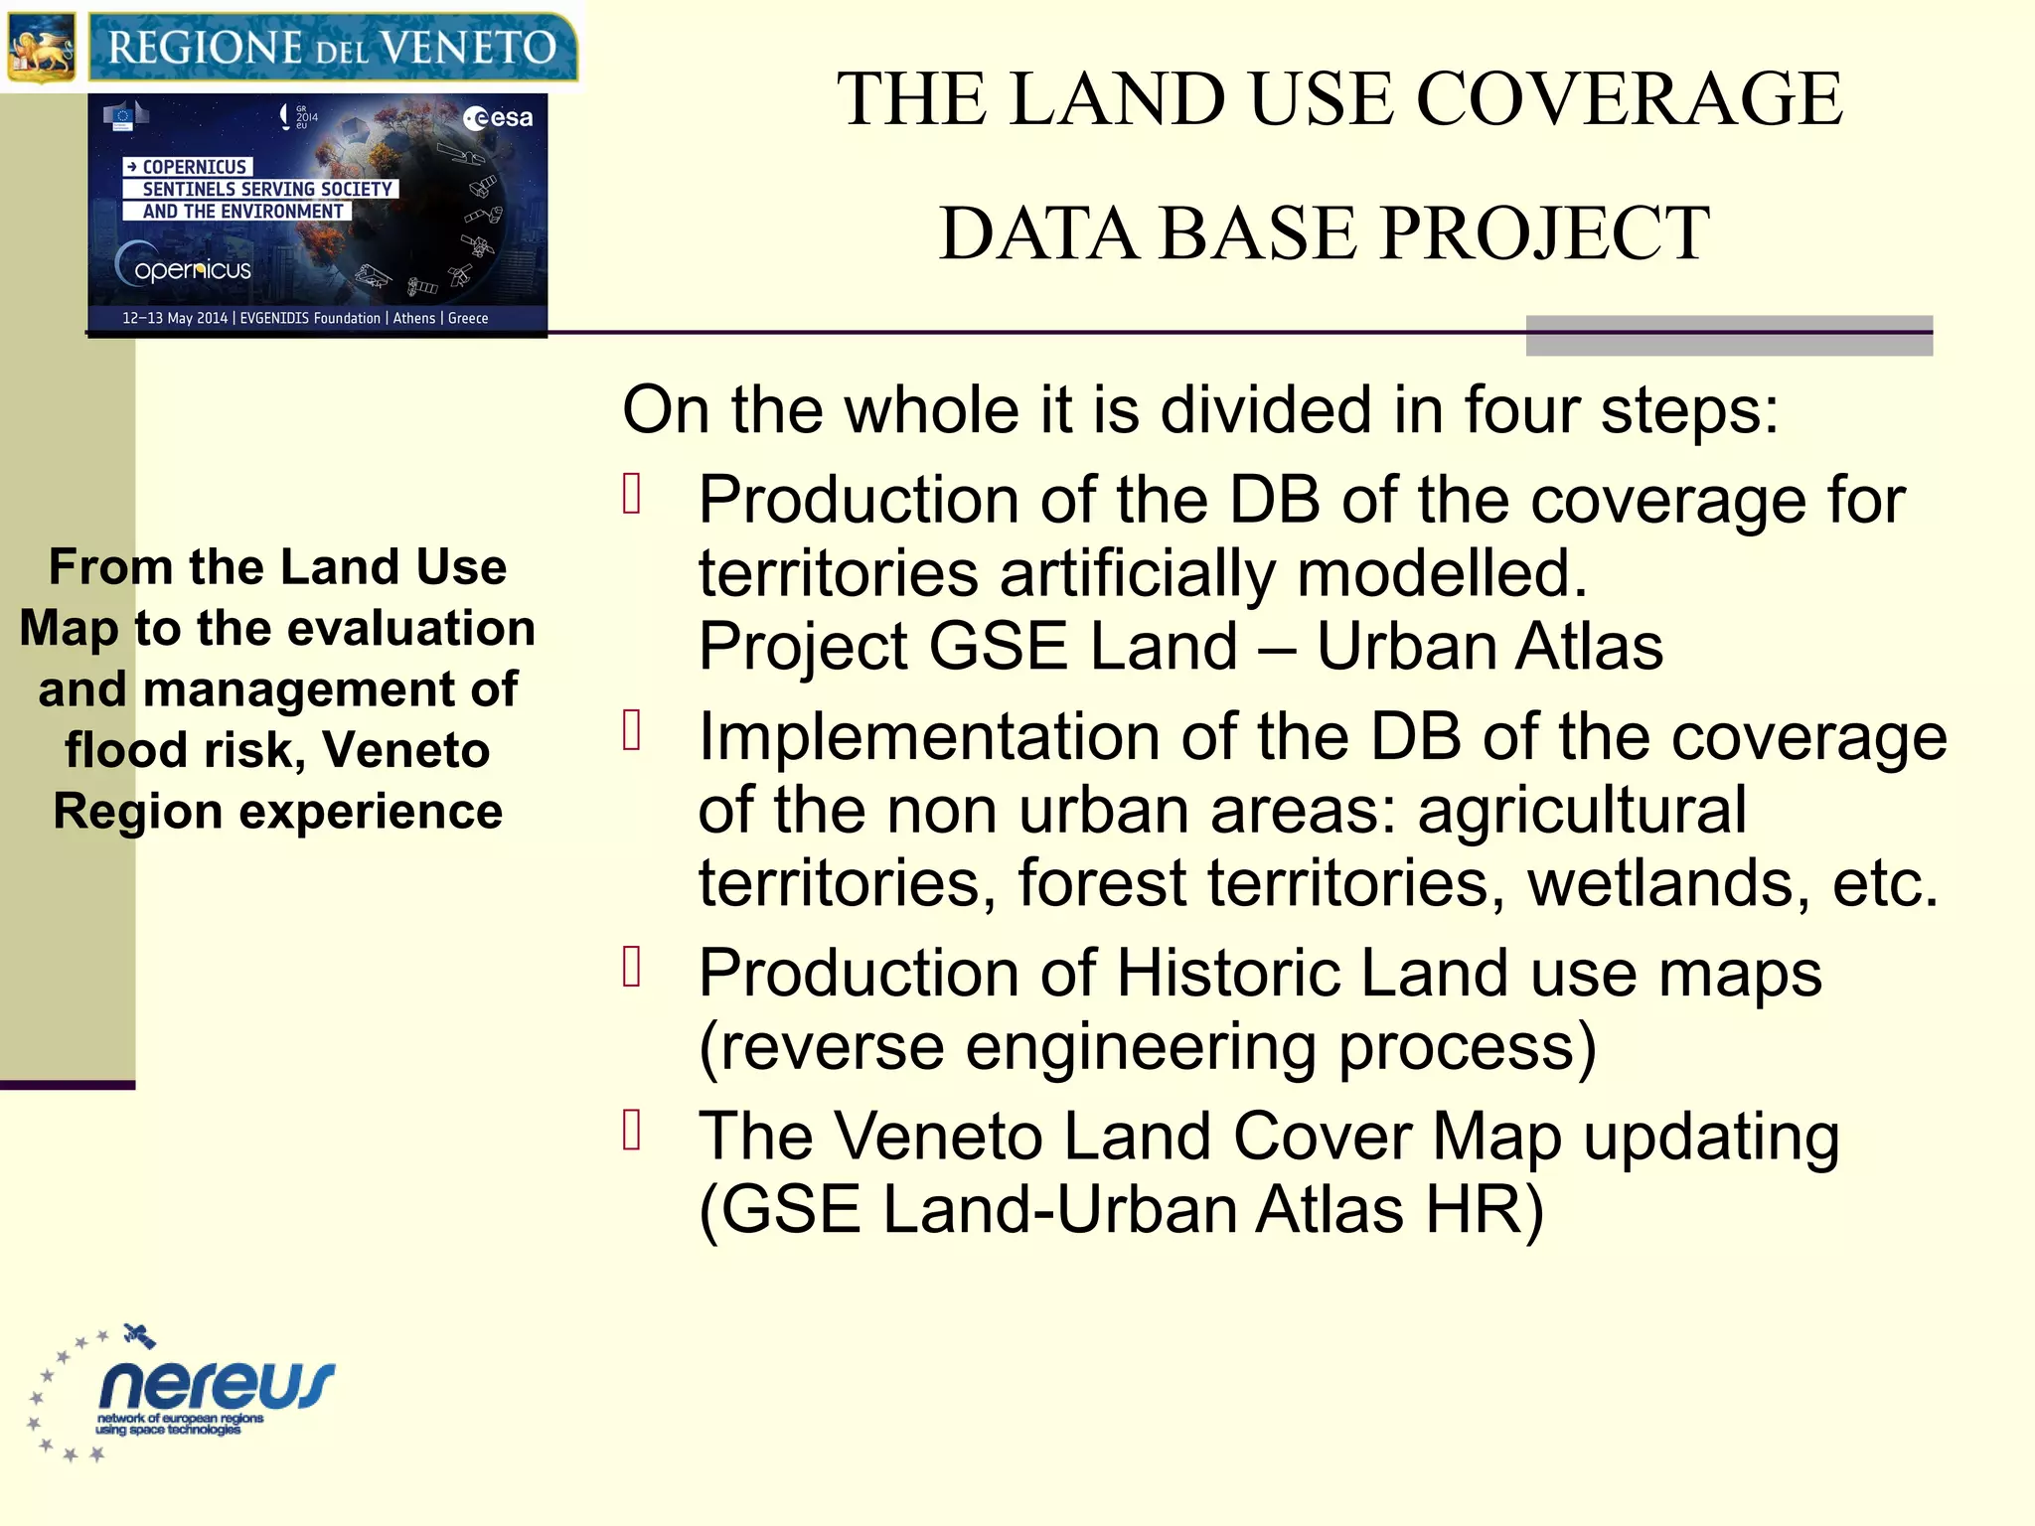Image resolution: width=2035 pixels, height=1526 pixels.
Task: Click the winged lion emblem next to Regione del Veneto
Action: (x=41, y=46)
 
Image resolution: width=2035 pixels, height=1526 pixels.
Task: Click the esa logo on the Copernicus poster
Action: (x=498, y=118)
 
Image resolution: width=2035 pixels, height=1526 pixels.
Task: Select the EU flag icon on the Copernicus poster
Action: (x=123, y=117)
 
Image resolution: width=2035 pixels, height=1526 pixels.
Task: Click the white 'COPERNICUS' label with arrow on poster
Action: (x=188, y=167)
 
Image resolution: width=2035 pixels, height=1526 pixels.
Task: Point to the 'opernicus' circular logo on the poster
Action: (x=184, y=267)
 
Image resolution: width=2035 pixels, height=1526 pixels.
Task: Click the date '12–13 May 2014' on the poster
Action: (x=175, y=318)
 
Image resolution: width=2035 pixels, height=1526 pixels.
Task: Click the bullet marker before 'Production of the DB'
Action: (x=632, y=494)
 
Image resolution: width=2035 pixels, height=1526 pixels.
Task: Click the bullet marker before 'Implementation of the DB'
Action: (x=632, y=730)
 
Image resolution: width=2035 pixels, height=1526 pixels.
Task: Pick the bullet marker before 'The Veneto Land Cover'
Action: (x=632, y=1131)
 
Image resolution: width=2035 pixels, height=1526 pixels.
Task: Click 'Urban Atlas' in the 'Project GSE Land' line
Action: (x=1488, y=647)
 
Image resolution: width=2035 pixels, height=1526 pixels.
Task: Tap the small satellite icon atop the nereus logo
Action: (x=139, y=1336)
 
